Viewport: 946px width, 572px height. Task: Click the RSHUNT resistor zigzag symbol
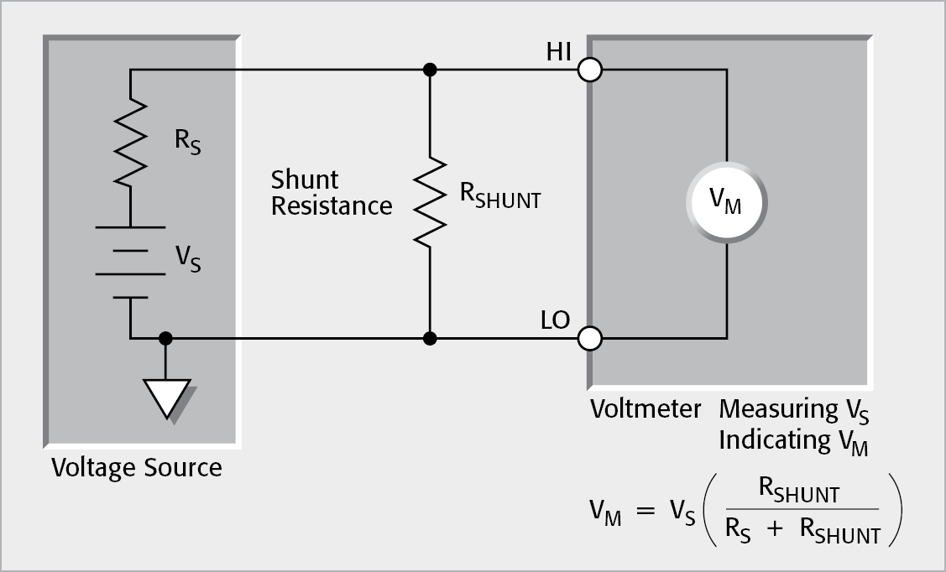[429, 201]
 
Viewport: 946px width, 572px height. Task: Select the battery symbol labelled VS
[131, 262]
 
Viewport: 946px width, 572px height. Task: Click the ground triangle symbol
[166, 397]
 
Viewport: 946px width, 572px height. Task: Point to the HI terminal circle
[590, 70]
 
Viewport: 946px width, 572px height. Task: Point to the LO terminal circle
[590, 339]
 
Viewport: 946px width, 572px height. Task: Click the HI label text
[557, 53]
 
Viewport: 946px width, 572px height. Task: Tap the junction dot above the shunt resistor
[429, 70]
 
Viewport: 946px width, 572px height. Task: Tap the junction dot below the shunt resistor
[429, 339]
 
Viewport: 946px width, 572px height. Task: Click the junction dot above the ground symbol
[166, 339]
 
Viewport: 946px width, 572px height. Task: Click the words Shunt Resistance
[331, 192]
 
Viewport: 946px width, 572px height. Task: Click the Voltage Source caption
[137, 467]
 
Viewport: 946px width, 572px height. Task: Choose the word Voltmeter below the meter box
[645, 409]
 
